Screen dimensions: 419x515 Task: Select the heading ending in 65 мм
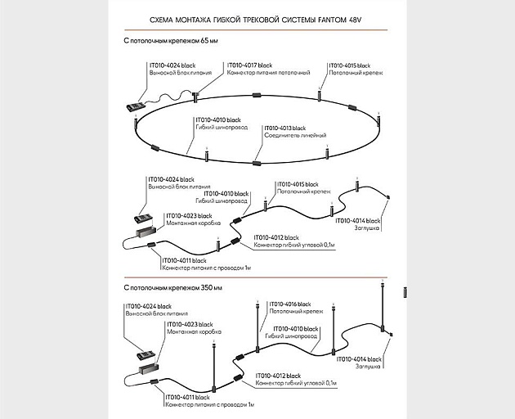(x=171, y=39)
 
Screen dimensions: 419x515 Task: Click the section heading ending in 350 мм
(x=173, y=288)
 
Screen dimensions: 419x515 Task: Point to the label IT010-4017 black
(x=249, y=65)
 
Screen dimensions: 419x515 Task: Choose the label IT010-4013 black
(x=284, y=128)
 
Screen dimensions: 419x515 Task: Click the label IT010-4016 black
(x=287, y=304)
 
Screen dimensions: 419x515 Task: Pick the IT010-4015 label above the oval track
(x=350, y=65)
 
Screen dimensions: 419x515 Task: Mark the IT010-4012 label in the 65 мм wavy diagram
(x=277, y=237)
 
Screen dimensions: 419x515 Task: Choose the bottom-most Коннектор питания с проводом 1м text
(x=209, y=405)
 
